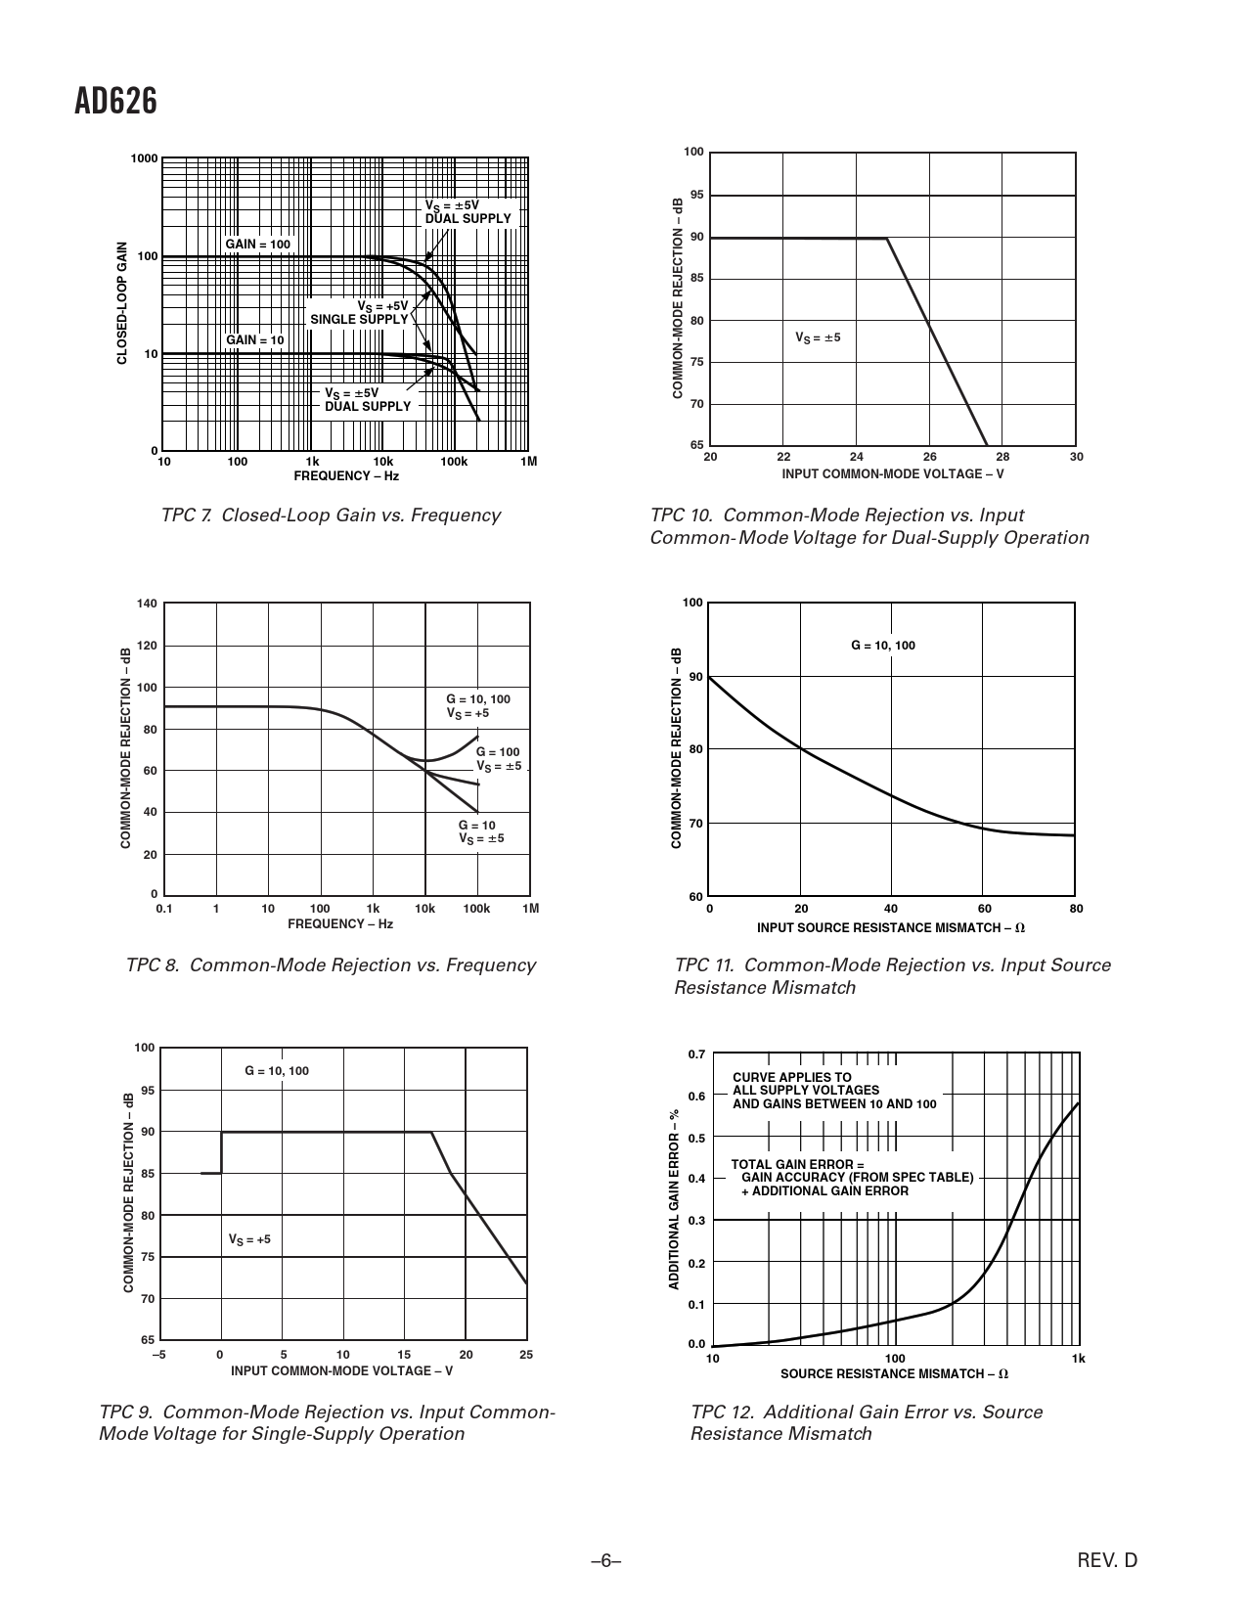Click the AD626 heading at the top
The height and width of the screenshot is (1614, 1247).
[115, 101]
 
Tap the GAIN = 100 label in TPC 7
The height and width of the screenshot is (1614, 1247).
[257, 244]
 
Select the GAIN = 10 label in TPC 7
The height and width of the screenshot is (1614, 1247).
[255, 340]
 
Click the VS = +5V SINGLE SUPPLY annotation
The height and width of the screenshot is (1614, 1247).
[360, 313]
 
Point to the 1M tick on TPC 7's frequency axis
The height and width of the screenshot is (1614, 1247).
[528, 462]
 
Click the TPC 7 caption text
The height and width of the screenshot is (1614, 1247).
[331, 516]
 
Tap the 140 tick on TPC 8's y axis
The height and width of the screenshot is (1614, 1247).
[147, 604]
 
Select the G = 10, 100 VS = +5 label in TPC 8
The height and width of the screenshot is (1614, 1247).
[477, 706]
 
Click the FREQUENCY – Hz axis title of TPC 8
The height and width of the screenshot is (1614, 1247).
[340, 923]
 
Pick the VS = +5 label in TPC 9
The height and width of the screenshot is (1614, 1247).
[249, 1239]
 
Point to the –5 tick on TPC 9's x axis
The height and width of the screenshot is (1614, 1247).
[158, 1355]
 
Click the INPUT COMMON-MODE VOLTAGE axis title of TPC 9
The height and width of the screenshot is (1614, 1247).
[341, 1370]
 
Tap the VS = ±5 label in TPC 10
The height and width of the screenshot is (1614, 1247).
[818, 337]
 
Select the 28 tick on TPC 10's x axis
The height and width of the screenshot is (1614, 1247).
[1002, 457]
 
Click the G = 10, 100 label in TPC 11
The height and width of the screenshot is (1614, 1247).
[882, 646]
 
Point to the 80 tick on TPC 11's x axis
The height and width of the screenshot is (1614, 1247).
[1076, 909]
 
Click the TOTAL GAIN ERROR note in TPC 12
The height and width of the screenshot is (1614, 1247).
[852, 1178]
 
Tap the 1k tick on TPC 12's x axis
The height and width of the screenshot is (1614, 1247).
[1078, 1359]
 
